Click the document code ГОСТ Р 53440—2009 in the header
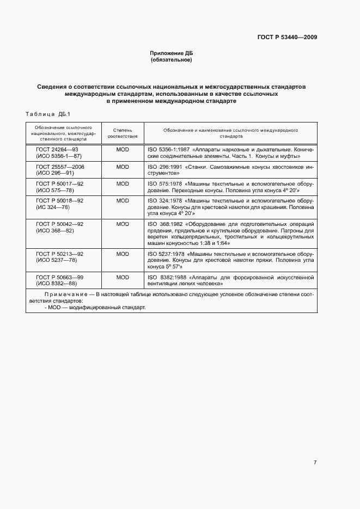coord(287,38)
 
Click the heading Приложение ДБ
coord(172,53)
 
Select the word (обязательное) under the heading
coord(172,60)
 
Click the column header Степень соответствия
coord(123,134)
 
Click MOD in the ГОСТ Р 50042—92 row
coord(123,224)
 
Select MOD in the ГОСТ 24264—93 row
coord(123,149)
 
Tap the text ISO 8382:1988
coord(165,277)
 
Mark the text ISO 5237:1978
coord(165,254)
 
